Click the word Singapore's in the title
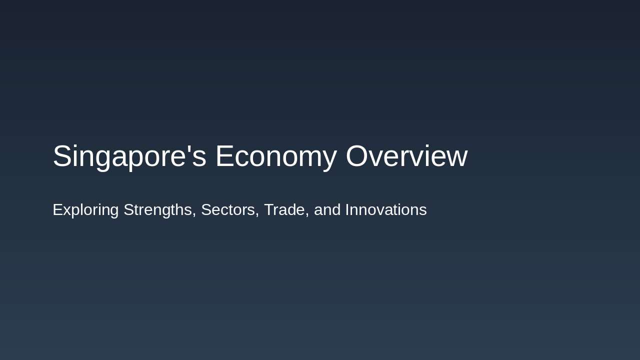click(129, 156)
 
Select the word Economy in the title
click(276, 156)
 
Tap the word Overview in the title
click(406, 156)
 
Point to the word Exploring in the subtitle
click(85, 210)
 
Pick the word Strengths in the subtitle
click(157, 210)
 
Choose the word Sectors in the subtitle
click(227, 210)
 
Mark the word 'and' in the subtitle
click(327, 210)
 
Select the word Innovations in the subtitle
click(386, 210)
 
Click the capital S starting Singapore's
click(61, 156)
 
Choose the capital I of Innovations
click(347, 210)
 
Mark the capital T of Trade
click(268, 210)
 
